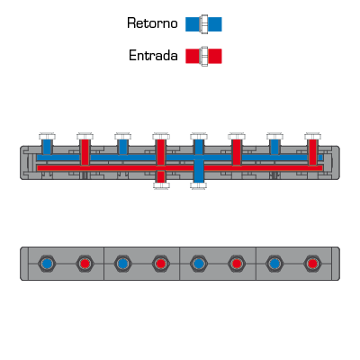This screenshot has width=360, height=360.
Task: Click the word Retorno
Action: (152, 23)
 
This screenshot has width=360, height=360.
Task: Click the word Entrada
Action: (153, 56)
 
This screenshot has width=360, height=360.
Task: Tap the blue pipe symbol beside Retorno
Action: (203, 24)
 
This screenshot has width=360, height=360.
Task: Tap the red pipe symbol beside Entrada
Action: (203, 56)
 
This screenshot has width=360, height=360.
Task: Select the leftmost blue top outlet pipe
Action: (47, 147)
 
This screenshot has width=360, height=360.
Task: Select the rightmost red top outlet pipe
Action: (312, 152)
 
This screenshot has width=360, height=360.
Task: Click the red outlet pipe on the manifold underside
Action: (161, 176)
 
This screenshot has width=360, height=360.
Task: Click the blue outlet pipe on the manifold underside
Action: (199, 171)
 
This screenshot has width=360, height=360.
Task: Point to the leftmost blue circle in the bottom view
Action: (47, 264)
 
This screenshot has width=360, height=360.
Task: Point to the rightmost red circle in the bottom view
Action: (312, 264)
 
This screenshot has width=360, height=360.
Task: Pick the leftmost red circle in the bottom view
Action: (85, 264)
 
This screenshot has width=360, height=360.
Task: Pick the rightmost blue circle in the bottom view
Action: (274, 264)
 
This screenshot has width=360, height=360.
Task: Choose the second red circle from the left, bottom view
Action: (161, 264)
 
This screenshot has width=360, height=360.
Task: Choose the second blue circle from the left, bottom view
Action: (122, 264)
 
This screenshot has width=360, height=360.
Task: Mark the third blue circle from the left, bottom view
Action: (199, 264)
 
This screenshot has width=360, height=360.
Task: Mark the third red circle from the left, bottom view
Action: (237, 264)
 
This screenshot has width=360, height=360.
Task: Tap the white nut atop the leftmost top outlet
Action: (47, 136)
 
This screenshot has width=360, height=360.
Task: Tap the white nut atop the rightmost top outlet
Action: (312, 136)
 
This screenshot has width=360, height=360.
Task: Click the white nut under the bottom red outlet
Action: (161, 185)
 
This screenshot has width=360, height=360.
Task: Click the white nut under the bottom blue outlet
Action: (199, 185)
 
